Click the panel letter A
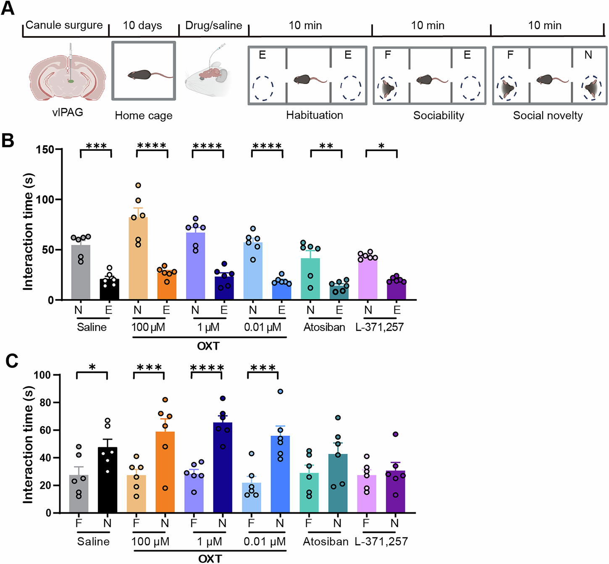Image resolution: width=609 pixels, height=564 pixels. pos(8,8)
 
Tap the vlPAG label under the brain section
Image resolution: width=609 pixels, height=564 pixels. pos(68,112)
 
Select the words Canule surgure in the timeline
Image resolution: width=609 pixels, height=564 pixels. pos(64,25)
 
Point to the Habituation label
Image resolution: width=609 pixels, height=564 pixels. pos(315,115)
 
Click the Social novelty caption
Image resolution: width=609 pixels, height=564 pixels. pos(548,115)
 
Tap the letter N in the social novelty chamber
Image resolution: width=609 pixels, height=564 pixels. pos(588,55)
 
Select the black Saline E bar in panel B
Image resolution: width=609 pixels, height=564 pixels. pos(109,289)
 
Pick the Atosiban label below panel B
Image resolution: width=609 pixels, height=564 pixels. pos(324,327)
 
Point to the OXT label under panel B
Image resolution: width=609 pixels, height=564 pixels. pos(208,346)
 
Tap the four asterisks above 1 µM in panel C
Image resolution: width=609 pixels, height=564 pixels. pos(207,368)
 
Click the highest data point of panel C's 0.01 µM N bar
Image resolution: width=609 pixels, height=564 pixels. pos(280,391)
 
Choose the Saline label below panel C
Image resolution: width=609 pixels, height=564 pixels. pos(93,541)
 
